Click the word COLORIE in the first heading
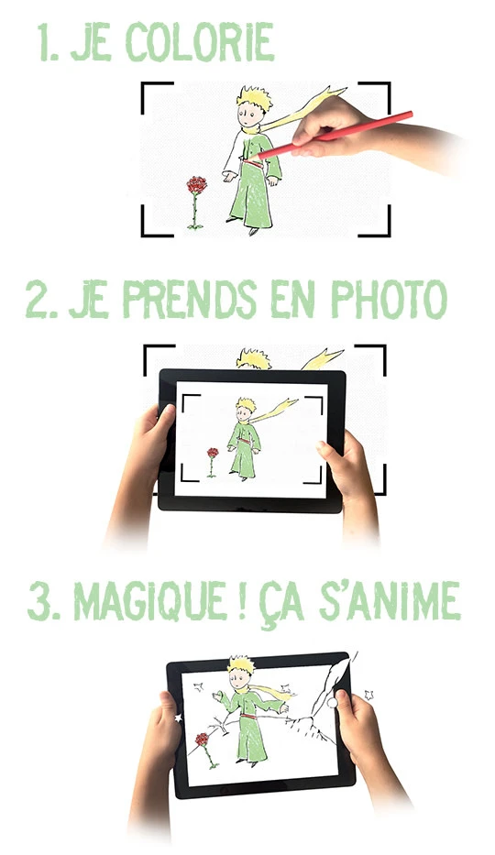click(200, 42)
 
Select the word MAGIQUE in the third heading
click(150, 601)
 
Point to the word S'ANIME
click(390, 601)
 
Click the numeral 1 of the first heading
click(46, 42)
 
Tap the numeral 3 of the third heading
click(38, 601)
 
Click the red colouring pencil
click(334, 136)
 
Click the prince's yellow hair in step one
click(255, 98)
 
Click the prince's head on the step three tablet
click(240, 673)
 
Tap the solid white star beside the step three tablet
click(178, 718)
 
